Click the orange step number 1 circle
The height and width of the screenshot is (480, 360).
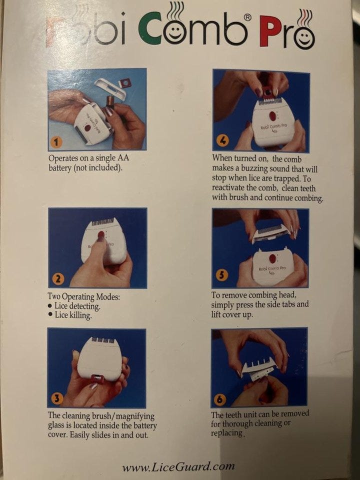[x=56, y=141]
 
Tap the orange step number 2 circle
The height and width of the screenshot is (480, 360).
[x=58, y=279]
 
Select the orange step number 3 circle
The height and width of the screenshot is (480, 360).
[x=57, y=398]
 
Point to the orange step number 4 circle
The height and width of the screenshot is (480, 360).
[x=222, y=141]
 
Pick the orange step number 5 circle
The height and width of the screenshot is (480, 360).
[x=222, y=275]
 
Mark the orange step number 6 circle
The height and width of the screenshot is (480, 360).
[x=219, y=399]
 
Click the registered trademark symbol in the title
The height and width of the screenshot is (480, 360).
[x=247, y=17]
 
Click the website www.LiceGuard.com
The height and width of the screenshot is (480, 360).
[x=178, y=467]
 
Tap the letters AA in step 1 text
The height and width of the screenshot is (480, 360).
[x=123, y=158]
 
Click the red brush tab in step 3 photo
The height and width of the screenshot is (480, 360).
[x=97, y=379]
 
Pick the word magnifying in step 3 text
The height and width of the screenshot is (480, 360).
[x=135, y=416]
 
